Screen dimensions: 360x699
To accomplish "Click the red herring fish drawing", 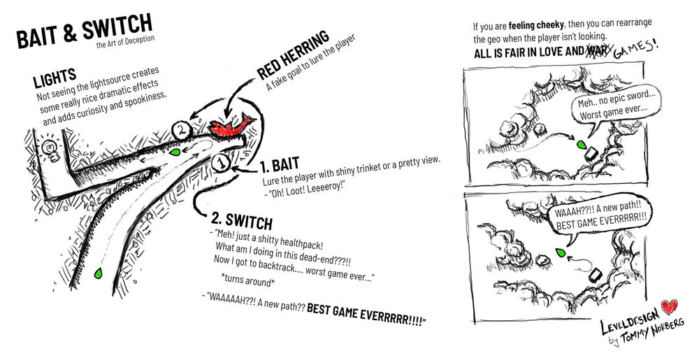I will (231, 127).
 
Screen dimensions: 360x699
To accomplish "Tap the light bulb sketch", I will (50, 147).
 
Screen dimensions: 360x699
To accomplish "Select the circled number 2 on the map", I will (180, 129).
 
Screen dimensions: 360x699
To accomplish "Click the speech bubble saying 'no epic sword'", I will (613, 109).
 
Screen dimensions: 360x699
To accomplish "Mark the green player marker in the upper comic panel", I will (580, 144).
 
